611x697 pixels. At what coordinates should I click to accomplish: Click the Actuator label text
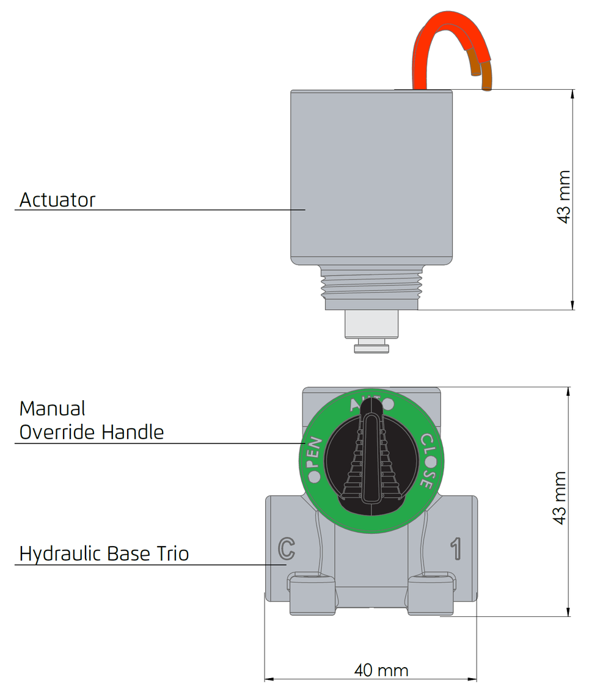point(57,200)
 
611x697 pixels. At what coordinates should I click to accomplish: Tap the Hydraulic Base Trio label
point(104,553)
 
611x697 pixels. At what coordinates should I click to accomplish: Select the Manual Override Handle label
point(91,420)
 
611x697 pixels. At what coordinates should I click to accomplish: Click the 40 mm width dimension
point(381,670)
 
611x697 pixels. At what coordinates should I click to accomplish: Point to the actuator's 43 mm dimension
point(563,197)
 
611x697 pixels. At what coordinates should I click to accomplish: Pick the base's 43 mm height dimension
point(560,498)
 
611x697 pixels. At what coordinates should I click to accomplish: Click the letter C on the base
point(287,549)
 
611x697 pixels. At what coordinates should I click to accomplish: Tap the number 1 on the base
point(456,549)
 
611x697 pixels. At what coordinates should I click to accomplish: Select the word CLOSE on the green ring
point(427,461)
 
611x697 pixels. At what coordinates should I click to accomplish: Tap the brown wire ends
point(481,75)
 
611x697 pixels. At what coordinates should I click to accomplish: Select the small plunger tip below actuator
point(371,347)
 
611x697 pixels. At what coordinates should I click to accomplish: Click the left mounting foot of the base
point(312,594)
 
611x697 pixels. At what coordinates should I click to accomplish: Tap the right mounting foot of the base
point(431,594)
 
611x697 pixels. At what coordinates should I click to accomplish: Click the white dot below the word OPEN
point(314,478)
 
